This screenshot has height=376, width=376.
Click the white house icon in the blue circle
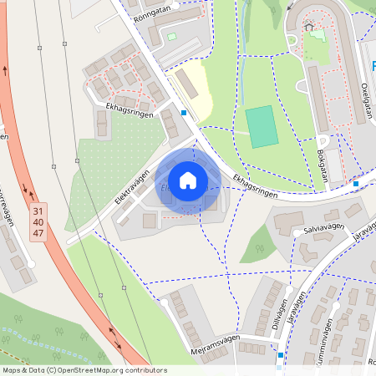click(188, 180)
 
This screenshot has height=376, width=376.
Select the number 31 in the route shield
click(38, 213)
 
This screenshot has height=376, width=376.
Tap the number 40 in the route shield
click(38, 223)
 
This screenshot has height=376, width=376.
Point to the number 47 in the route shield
click(38, 234)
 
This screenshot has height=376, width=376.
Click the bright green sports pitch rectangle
click(262, 127)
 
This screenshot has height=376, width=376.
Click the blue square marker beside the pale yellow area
click(184, 112)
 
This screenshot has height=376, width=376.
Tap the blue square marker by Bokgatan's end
click(356, 183)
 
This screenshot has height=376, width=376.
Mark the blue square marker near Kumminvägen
click(281, 355)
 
